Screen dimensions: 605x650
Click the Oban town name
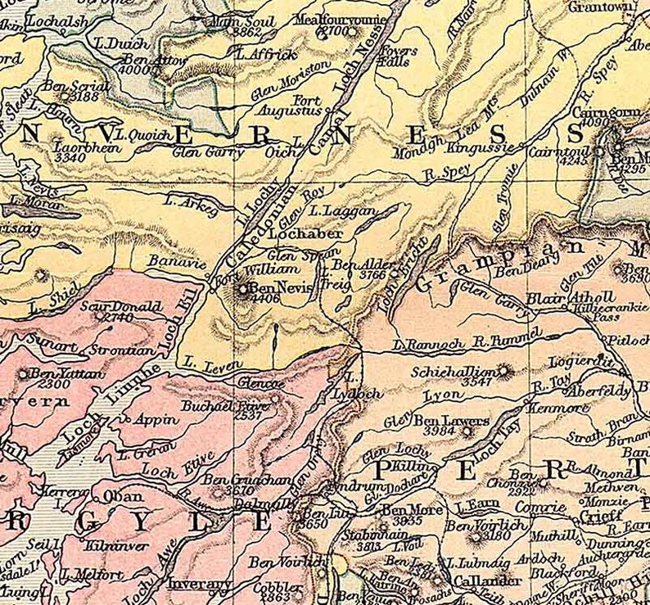pos(122,496)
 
